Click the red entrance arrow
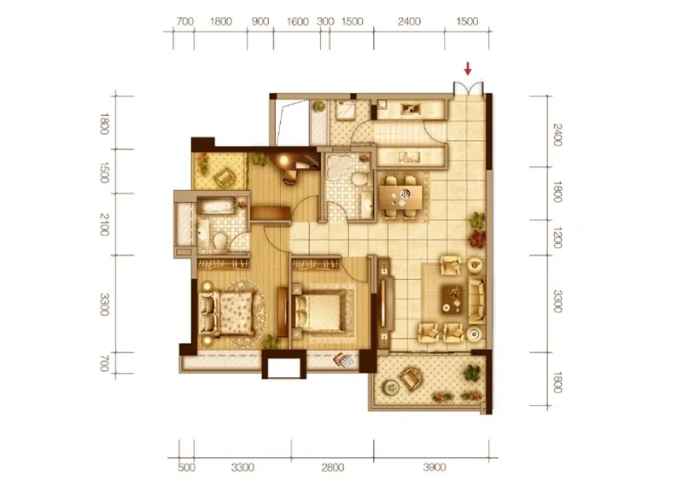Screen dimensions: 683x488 [468, 68]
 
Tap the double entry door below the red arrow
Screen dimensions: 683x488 [468, 89]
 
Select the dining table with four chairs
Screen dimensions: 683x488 [400, 197]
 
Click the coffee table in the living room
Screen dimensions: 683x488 [453, 299]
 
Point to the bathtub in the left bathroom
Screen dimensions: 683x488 [216, 206]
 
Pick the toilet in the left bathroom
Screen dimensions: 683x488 [220, 241]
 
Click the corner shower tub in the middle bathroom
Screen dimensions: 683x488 [337, 166]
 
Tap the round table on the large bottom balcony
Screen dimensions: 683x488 [390, 386]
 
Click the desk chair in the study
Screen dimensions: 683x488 [289, 176]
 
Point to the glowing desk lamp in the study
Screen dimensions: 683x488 [283, 160]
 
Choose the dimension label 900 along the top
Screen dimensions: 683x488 [260, 21]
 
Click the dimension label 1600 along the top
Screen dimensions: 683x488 [297, 21]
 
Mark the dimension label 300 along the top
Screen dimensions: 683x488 [325, 21]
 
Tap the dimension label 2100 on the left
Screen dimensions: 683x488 [104, 224]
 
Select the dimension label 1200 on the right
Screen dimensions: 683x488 [557, 238]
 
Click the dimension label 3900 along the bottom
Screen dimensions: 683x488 [435, 468]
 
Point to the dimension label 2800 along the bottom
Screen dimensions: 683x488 [332, 468]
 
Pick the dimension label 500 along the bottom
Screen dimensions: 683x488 [186, 468]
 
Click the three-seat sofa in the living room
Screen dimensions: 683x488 [476, 300]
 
